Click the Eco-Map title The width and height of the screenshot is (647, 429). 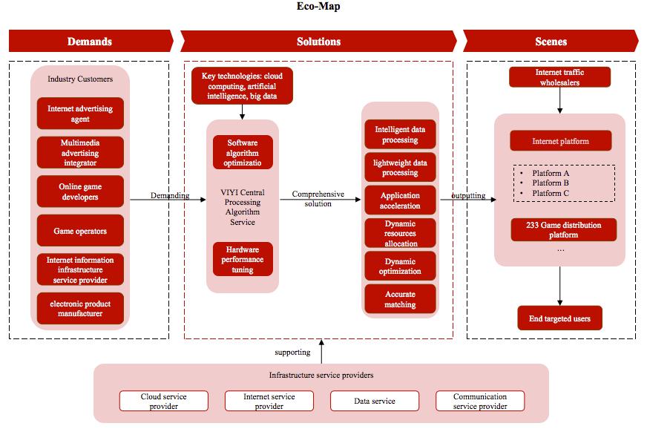pos(323,7)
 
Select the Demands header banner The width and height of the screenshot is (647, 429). pos(90,42)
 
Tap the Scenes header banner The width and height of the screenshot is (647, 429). pos(550,42)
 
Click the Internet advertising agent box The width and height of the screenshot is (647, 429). pos(80,114)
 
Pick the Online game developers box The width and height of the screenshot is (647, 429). pos(80,192)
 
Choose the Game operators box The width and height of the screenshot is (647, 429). pos(80,231)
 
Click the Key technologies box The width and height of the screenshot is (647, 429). pos(243,85)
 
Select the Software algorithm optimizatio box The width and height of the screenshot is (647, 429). pos(243,152)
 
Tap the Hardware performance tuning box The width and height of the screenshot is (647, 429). pos(243,259)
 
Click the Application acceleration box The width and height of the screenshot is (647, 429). pos(400,200)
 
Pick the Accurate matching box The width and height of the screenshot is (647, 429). pos(400,299)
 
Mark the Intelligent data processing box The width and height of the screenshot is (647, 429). pos(400,134)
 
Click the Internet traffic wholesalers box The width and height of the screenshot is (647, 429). pos(559,77)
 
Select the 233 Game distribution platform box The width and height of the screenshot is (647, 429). pos(563,230)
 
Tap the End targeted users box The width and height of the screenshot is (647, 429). pos(559,319)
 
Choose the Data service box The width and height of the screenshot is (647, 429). pos(374,401)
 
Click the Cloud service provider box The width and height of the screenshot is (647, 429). pos(164,402)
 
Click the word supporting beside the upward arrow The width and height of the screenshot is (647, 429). pos(292,352)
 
